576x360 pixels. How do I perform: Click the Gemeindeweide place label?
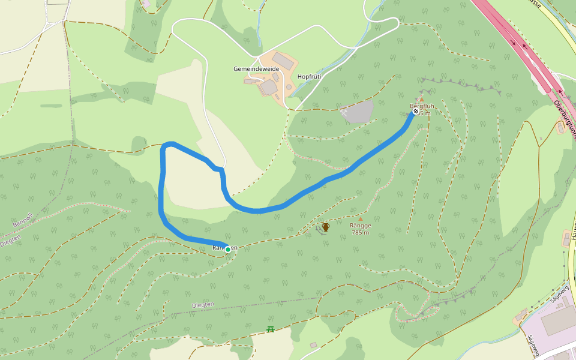pyautogui.click(x=256, y=69)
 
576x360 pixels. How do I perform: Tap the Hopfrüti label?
pyautogui.click(x=310, y=77)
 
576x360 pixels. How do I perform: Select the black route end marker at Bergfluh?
pyautogui.click(x=416, y=111)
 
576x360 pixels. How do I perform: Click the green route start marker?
pyautogui.click(x=228, y=249)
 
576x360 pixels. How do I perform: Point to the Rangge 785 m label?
pyautogui.click(x=361, y=229)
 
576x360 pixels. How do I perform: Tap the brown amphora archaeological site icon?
pyautogui.click(x=326, y=227)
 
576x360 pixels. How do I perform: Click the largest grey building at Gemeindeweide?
pyautogui.click(x=283, y=61)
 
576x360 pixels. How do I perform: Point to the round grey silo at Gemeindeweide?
pyautogui.click(x=289, y=88)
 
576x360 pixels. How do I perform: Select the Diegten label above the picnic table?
pyautogui.click(x=202, y=305)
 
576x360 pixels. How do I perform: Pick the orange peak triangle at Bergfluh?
pyautogui.click(x=421, y=100)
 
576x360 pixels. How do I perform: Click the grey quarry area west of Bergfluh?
pyautogui.click(x=359, y=112)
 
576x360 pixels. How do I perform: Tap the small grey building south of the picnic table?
pyautogui.click(x=313, y=345)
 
